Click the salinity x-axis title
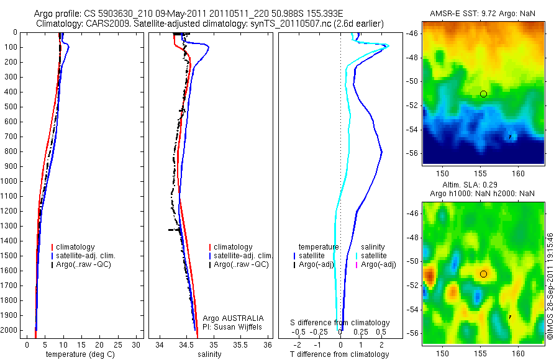(x=209, y=354)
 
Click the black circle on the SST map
(x=483, y=94)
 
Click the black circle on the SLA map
(x=483, y=274)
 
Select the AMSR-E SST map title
(x=483, y=14)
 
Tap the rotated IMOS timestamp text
(x=550, y=286)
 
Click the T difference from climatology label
(x=340, y=354)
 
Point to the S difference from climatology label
(x=340, y=323)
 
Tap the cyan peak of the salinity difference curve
(x=387, y=45)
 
